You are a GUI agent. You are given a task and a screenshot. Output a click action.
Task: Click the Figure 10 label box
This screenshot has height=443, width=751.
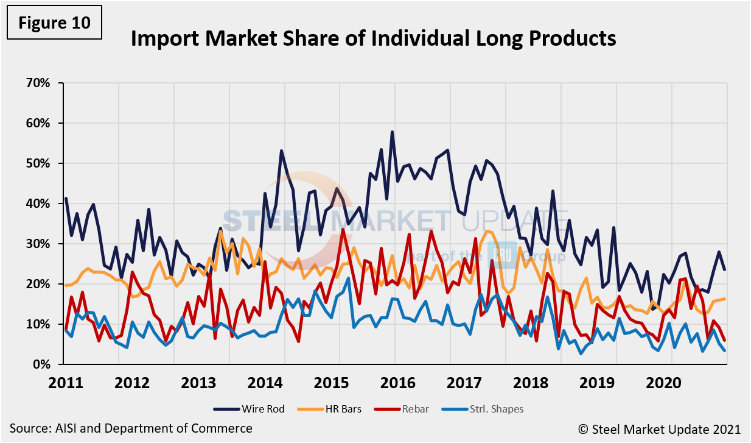54,23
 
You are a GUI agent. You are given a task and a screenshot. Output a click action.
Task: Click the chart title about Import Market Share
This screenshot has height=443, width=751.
373,39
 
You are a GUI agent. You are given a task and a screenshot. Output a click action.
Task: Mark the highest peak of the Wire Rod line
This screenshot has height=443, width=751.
393,132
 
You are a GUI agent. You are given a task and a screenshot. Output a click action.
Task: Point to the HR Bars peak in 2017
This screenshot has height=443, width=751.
486,231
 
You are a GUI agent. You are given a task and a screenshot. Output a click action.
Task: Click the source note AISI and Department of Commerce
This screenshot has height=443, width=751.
131,428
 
